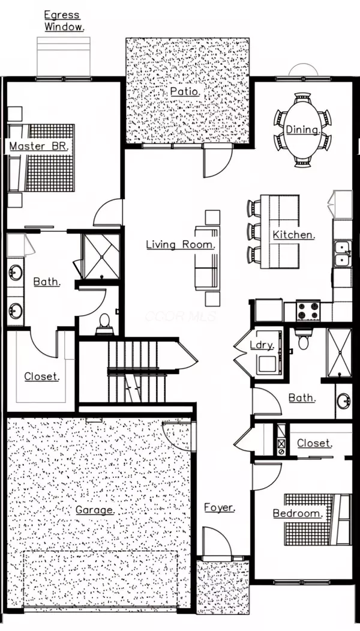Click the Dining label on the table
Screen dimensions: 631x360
point(302,130)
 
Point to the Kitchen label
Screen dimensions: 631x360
point(294,235)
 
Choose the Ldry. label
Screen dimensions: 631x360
point(263,345)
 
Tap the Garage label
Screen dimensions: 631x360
point(95,510)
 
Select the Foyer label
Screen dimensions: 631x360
point(219,508)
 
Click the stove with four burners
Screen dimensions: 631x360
point(308,310)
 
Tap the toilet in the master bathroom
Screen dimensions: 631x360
point(104,324)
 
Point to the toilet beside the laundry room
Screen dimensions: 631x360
point(302,340)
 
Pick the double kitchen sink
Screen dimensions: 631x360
point(343,253)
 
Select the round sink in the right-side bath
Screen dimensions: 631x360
point(343,400)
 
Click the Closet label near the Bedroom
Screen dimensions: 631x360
point(314,443)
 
